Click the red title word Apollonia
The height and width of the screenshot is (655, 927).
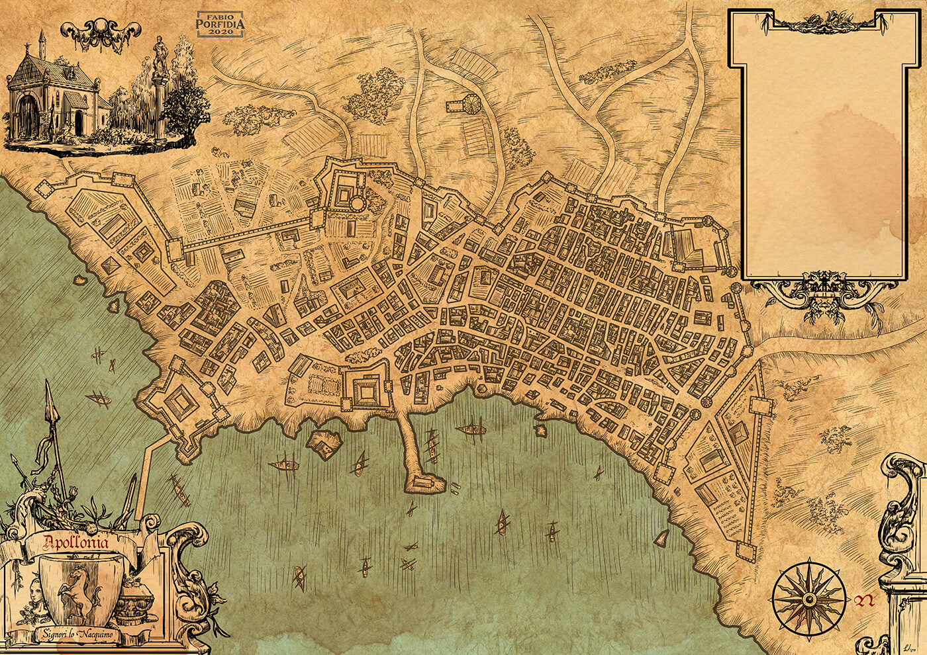78,544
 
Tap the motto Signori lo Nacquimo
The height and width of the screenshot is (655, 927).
77,635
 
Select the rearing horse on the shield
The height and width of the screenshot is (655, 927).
78,586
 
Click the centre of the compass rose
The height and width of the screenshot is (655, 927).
808,598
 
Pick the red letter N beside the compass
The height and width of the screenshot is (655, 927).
863,601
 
